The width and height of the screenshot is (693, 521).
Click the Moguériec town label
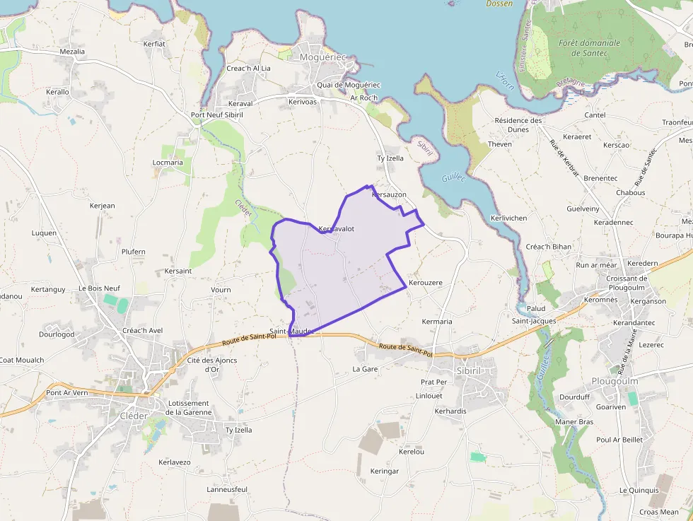[x=322, y=57]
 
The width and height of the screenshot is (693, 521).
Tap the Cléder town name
[x=134, y=416]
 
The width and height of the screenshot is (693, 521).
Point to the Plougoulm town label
[x=615, y=381]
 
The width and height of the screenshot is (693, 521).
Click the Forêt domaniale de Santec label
[x=589, y=47]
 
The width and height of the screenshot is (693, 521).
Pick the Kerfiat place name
[x=154, y=44]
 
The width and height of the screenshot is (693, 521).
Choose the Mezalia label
[x=72, y=52]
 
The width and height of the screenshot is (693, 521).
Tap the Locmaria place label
[x=168, y=163]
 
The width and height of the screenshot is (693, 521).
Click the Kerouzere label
[x=425, y=283]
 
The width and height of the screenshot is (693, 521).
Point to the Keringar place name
[x=385, y=471]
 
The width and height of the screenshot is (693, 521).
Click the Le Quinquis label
[x=639, y=490]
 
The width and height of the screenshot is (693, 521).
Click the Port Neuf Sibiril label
[x=217, y=115]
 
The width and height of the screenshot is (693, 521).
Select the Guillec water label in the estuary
[x=453, y=178]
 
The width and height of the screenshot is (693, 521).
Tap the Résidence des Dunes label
[x=518, y=124]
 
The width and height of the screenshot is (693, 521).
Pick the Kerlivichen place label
[x=508, y=218]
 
